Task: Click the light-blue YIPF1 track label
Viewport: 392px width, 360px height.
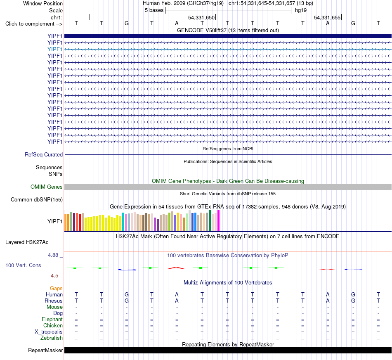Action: click(55, 49)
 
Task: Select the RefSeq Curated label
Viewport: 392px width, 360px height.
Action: click(44, 154)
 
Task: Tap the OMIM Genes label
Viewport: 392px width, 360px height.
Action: click(47, 187)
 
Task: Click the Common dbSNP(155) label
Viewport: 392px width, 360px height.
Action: click(37, 200)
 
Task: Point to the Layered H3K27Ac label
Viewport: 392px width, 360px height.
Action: click(27, 242)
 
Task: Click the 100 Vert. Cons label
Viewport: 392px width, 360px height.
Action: click(23, 265)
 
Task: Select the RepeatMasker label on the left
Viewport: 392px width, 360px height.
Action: click(45, 350)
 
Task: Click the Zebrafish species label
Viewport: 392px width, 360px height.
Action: click(52, 338)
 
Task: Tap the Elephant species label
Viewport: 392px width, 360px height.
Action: click(52, 320)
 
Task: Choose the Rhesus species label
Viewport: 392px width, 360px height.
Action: click(54, 301)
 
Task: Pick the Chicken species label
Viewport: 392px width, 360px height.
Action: click(53, 325)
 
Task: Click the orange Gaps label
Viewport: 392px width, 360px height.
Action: click(56, 289)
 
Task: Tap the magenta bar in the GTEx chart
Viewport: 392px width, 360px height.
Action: click(219, 220)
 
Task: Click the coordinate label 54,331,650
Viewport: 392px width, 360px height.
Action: click(201, 17)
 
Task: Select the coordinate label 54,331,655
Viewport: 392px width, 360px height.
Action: click(327, 17)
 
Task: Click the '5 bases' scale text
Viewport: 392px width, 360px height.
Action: click(154, 10)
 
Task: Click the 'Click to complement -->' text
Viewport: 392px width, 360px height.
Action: click(34, 24)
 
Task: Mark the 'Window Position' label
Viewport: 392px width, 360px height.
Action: click(43, 3)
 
